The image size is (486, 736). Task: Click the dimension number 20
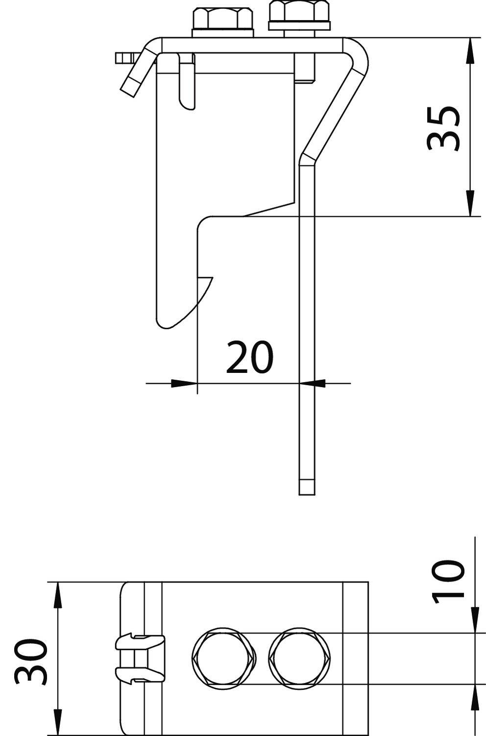coord(249,357)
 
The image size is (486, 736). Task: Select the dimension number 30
coord(30,661)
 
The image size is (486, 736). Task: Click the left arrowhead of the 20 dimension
coord(184,383)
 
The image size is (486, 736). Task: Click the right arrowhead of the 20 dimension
coord(312,383)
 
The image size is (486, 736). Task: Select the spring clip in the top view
coord(140,658)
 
